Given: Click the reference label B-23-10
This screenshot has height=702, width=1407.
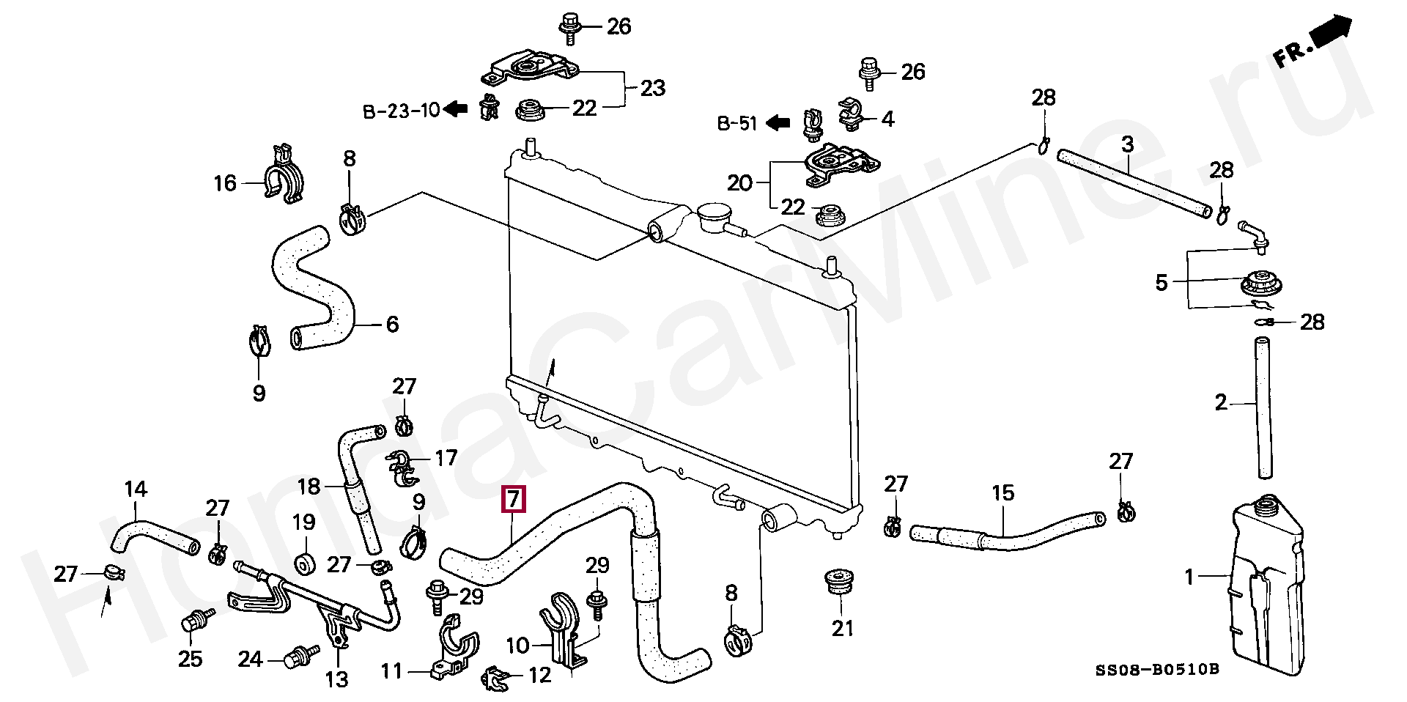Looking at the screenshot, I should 402,111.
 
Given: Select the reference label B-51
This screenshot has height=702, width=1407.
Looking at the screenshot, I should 736,124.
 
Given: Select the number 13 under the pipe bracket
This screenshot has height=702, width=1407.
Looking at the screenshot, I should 337,679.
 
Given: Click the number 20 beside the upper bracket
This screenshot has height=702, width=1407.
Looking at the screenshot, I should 740,182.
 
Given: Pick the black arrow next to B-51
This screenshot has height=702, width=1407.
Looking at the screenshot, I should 778,124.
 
